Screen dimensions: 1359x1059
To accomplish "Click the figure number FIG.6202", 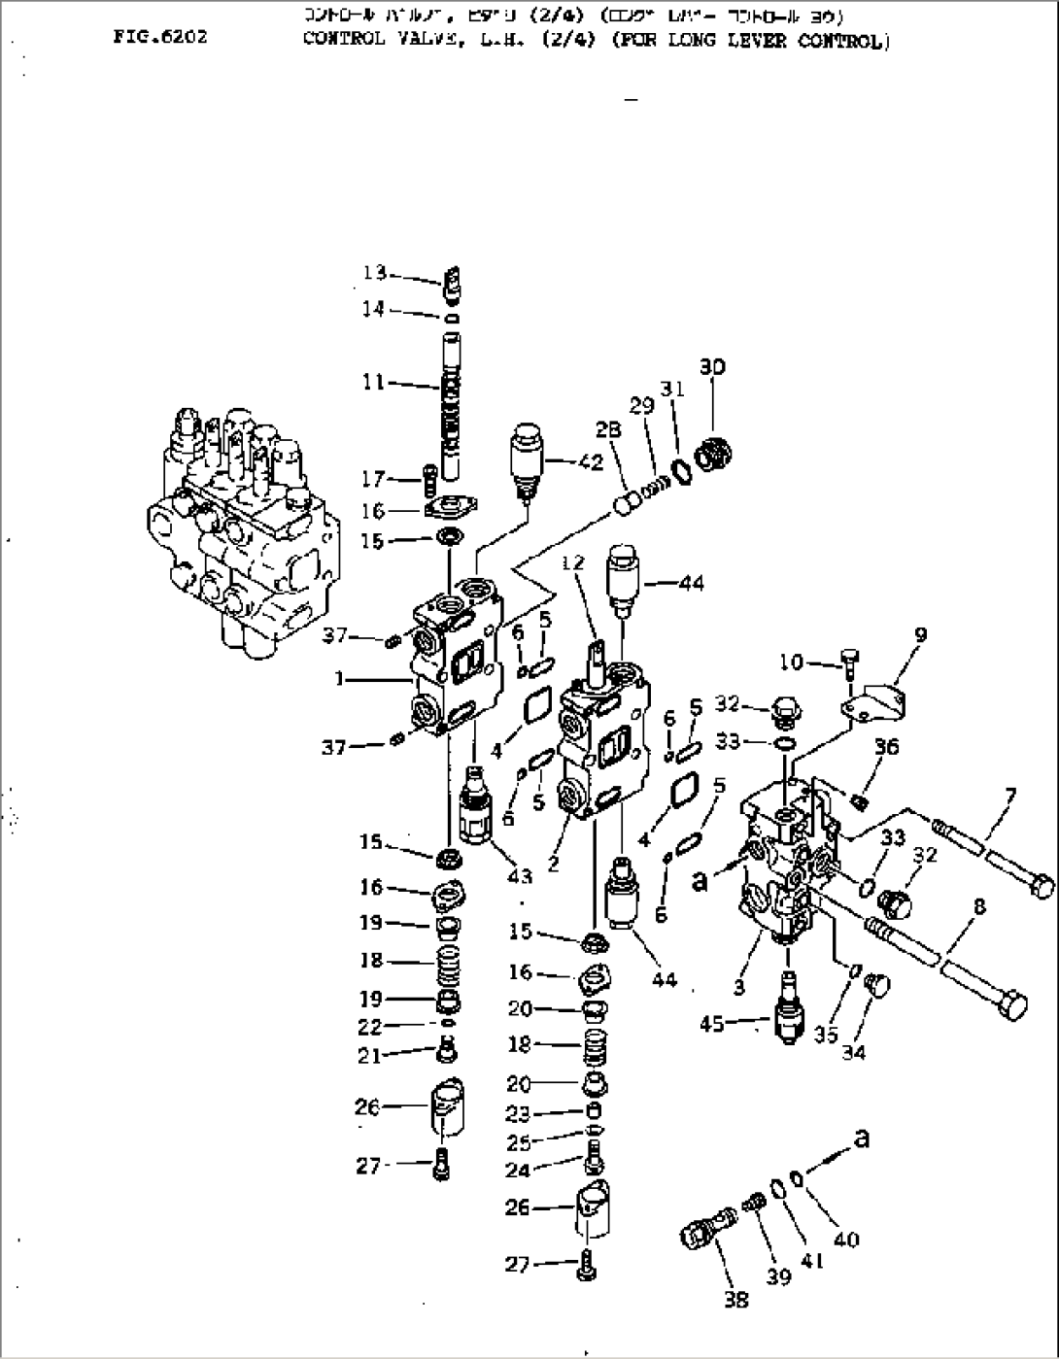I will click(x=159, y=38).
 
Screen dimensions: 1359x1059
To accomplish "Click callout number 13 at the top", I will click(x=375, y=273).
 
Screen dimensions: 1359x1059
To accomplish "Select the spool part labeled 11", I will click(x=453, y=403).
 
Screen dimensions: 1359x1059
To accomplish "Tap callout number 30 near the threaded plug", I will click(x=712, y=367).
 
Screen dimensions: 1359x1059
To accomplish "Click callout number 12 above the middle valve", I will click(x=574, y=561).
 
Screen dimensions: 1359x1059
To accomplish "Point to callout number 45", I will click(x=713, y=1023).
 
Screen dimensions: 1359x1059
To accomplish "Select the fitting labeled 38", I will click(x=701, y=1233).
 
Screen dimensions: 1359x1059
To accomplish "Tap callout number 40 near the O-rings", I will click(x=846, y=1240).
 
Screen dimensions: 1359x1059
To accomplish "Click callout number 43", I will click(x=520, y=876).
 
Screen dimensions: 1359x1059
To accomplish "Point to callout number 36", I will click(x=886, y=747).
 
